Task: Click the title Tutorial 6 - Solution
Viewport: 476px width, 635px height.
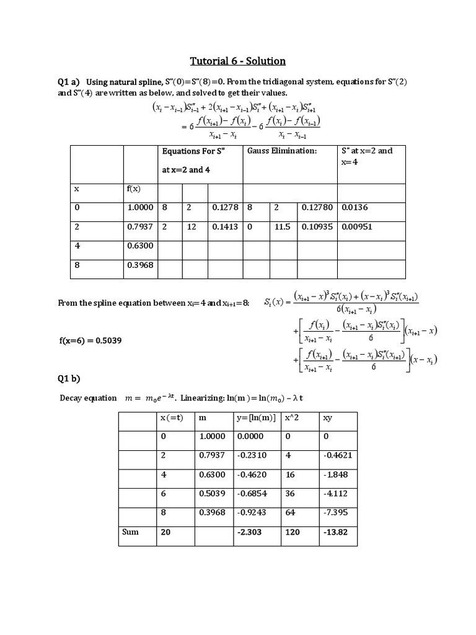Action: tap(237, 61)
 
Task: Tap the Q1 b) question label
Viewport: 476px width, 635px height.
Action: tap(69, 379)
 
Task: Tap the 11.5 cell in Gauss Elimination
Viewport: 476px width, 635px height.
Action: tap(282, 227)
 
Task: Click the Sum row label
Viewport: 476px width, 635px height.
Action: tap(130, 532)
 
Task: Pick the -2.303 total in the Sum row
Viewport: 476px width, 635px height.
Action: tap(249, 532)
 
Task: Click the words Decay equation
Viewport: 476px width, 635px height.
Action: tap(88, 398)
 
